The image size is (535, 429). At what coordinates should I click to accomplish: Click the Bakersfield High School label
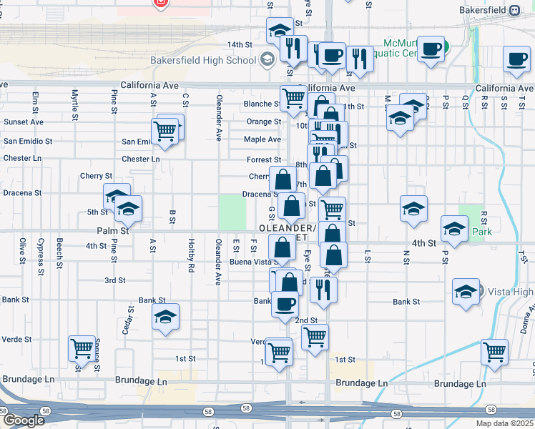203,60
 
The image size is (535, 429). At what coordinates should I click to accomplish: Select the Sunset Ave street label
23,122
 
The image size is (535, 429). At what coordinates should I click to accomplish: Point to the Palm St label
113,231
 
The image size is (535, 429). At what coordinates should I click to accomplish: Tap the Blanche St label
261,104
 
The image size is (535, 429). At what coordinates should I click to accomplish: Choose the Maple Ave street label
262,139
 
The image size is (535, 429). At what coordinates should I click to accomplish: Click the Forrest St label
264,160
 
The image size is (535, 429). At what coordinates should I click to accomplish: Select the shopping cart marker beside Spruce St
82,348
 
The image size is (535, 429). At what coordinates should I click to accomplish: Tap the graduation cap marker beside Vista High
465,292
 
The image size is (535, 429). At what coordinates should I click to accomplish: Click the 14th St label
241,44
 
